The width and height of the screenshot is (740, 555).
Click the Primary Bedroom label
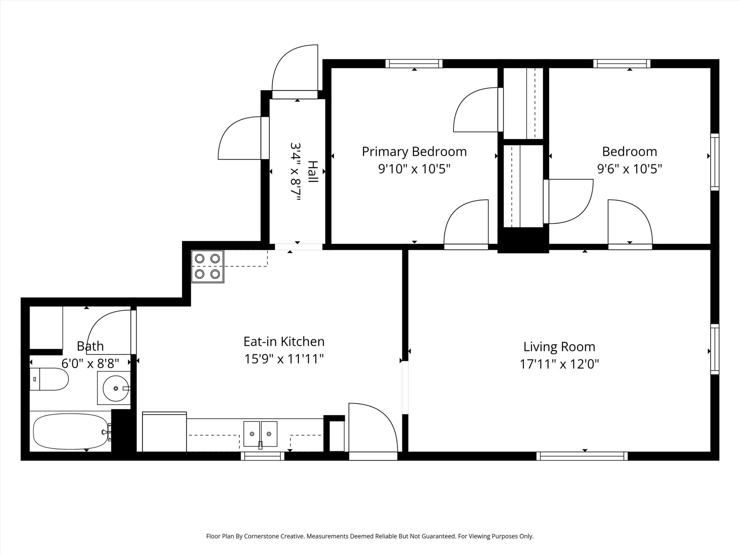point(414,152)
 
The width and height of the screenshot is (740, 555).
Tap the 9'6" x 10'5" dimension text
point(630,169)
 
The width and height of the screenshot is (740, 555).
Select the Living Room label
point(559,347)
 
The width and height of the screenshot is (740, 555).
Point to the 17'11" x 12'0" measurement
point(559,364)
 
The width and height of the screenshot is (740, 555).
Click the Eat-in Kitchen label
point(284,342)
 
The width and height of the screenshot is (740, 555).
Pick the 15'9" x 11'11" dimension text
point(284,359)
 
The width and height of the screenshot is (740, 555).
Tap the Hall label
point(313,172)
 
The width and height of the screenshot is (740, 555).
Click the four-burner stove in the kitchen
point(208,267)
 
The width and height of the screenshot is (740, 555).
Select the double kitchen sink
point(260,434)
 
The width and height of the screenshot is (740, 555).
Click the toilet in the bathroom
point(49,379)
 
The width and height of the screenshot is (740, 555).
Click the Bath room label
point(90,346)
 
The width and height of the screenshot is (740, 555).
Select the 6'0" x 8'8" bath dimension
point(90,363)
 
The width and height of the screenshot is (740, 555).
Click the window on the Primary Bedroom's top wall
point(414,64)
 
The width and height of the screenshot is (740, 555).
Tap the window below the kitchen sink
point(262,456)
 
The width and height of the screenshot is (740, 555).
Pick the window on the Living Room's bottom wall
point(582,456)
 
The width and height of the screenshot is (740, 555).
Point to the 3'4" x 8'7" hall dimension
point(296,172)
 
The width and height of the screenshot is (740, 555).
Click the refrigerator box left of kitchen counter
point(164,432)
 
